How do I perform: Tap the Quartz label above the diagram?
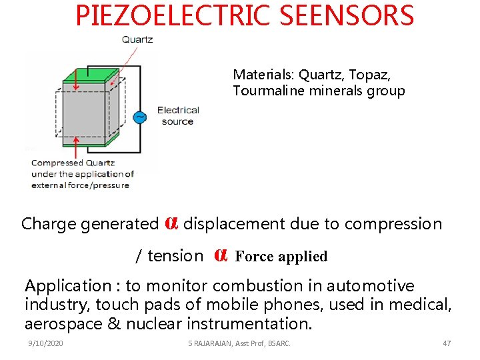[x=137, y=39]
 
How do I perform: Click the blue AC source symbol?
[x=140, y=117]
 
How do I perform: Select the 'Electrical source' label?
[x=178, y=116]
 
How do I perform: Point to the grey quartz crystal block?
[x=87, y=113]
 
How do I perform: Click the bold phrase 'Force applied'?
[x=281, y=257]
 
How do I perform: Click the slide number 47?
[x=447, y=343]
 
